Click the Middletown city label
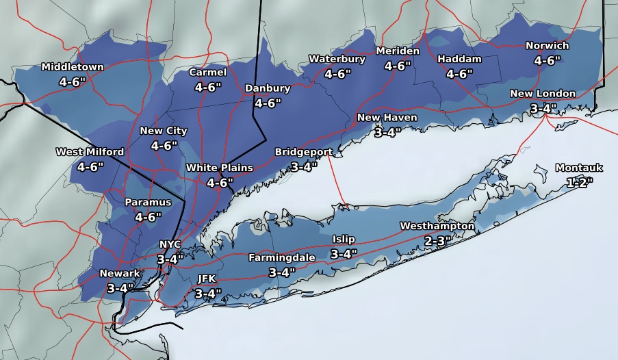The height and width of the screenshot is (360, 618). tap(73, 67)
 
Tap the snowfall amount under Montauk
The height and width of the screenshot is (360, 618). tap(579, 182)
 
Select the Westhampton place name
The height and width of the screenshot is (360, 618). tap(437, 226)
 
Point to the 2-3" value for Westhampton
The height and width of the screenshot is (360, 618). tap(437, 240)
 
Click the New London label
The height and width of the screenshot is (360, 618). tap(543, 94)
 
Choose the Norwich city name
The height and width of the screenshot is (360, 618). tap(547, 46)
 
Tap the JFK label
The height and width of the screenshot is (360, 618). tap(207, 279)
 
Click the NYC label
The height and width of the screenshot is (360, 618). tap(170, 244)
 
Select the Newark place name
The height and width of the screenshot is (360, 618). tap(120, 273)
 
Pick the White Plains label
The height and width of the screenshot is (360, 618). tap(220, 168)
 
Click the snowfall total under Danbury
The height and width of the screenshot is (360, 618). tap(268, 103)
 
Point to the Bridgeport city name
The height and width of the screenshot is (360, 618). tap(304, 151)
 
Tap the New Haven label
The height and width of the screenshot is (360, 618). tap(387, 118)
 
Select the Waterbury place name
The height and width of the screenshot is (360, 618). tap(337, 59)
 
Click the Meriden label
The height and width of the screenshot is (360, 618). tap(398, 51)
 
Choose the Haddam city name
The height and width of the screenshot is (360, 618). tap(459, 59)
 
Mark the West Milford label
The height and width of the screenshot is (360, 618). tap(90, 152)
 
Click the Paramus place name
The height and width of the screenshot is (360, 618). tap(148, 203)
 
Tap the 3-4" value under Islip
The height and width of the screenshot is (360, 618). tap(344, 253)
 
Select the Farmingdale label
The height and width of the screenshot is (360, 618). tap(281, 257)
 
